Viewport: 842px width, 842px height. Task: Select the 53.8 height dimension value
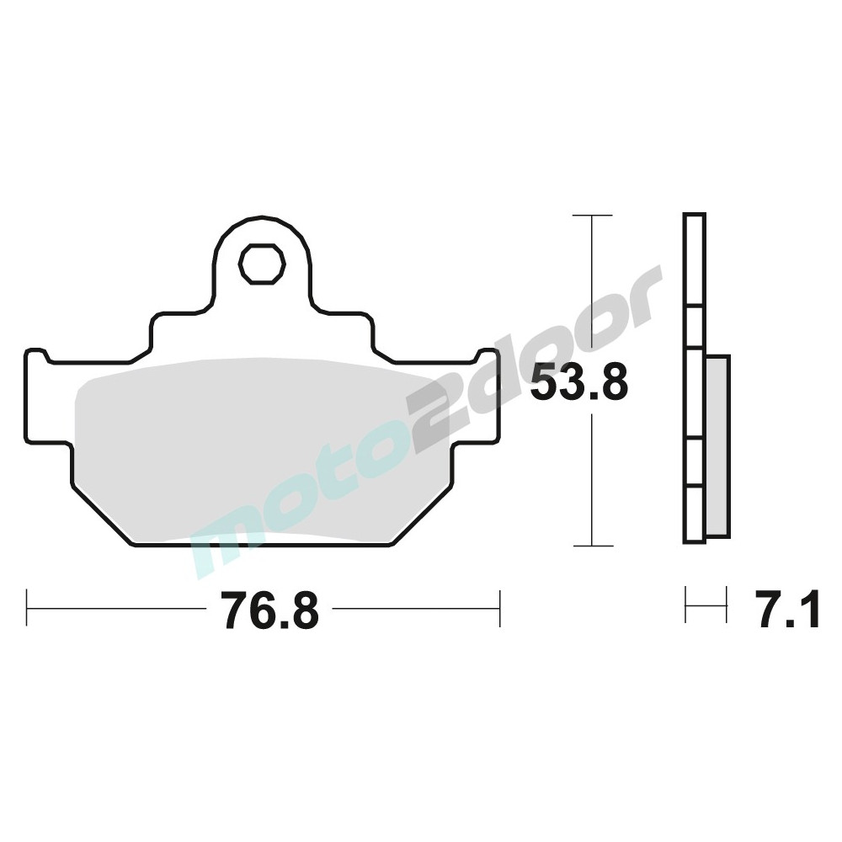coord(578,381)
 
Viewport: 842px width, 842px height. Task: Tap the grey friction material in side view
coord(718,445)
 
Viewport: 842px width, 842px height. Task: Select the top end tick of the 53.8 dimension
coord(592,216)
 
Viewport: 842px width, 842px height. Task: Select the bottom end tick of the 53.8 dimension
coord(593,546)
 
